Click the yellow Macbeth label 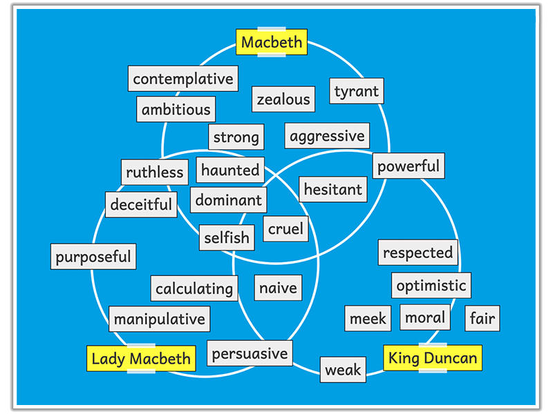[x=272, y=42]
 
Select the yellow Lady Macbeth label [x=141, y=358]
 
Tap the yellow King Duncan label [x=433, y=358]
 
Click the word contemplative [x=183, y=79]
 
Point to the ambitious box [x=176, y=110]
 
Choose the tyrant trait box [x=356, y=91]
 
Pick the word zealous [x=283, y=99]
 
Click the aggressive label [x=327, y=136]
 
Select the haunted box [x=230, y=170]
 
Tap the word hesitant [x=333, y=189]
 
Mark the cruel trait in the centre [x=285, y=229]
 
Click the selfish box [x=226, y=238]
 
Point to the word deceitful [x=141, y=204]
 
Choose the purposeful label [x=93, y=257]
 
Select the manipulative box [x=160, y=319]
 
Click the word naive [x=278, y=288]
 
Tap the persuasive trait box [x=250, y=354]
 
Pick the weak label [x=343, y=370]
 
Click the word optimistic [x=431, y=285]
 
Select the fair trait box [x=482, y=318]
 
